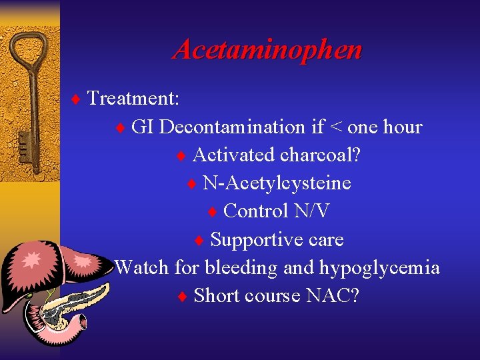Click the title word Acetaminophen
coord(267,50)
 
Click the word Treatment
coord(133,99)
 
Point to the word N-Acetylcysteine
coord(277,183)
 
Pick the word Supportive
coord(253,239)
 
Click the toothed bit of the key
coord(23,145)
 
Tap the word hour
coord(403,127)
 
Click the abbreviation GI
coord(143,127)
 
